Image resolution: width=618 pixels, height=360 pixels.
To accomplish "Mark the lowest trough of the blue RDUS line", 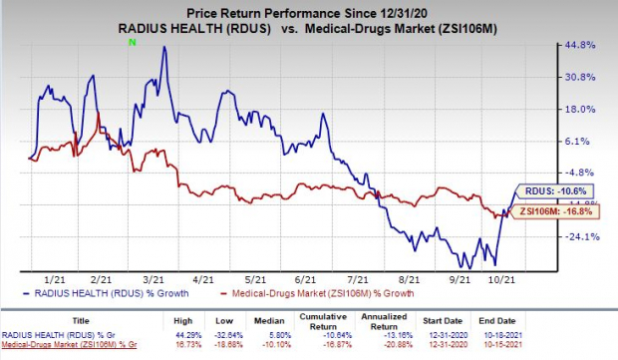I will (495, 264).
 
